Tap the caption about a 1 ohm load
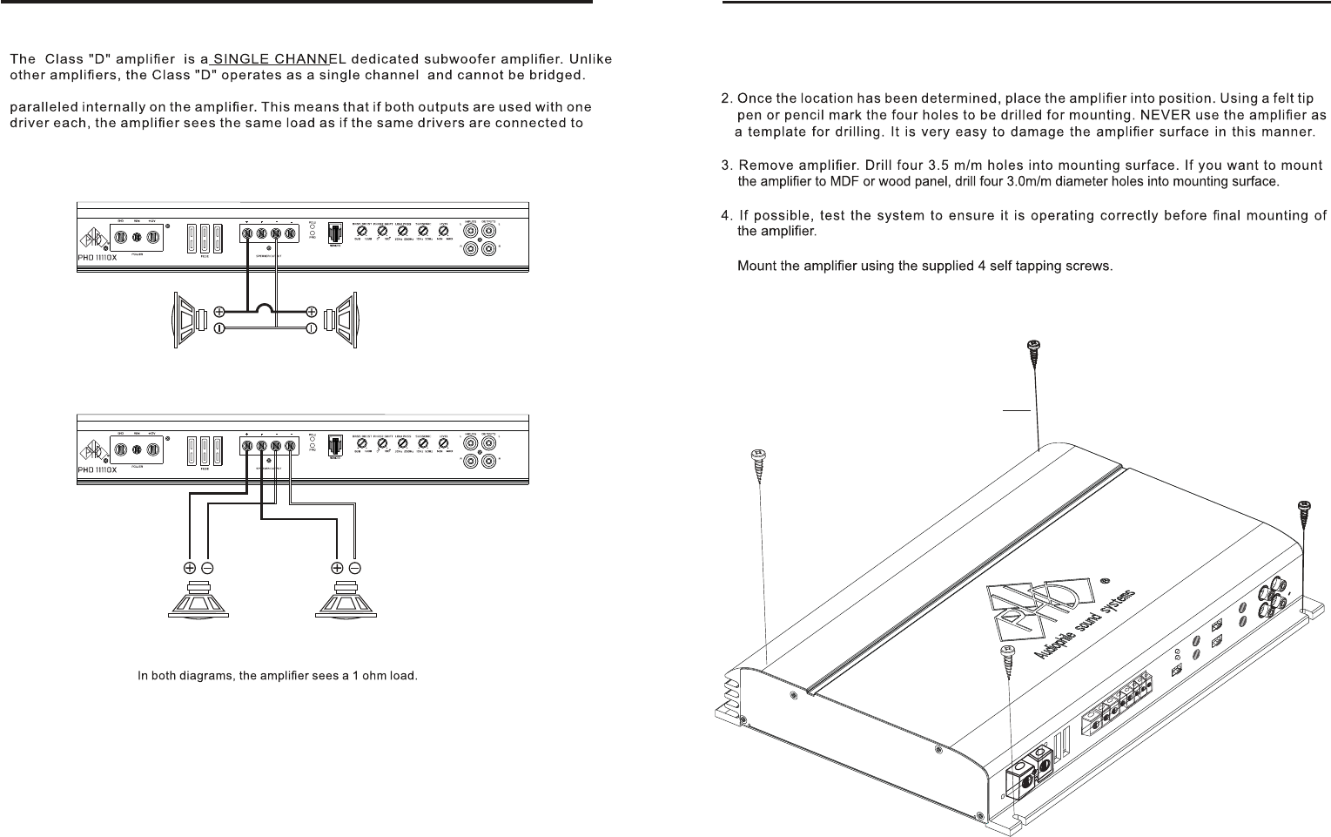(279, 676)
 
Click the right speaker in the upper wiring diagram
(342, 319)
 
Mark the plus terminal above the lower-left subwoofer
(191, 567)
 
